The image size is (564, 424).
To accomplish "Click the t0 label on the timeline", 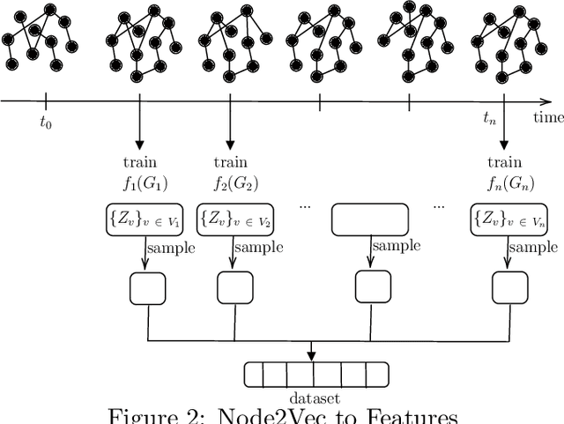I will [x=46, y=123].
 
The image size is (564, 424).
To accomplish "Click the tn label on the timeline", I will [x=492, y=116].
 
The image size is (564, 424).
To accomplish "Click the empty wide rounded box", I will [x=370, y=219].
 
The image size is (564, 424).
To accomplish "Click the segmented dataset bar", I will [x=312, y=375].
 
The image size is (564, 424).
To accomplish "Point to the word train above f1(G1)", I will [x=141, y=162].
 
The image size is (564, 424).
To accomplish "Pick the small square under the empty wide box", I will [x=370, y=286].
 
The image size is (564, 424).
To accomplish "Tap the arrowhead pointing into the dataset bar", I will [x=312, y=356].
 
